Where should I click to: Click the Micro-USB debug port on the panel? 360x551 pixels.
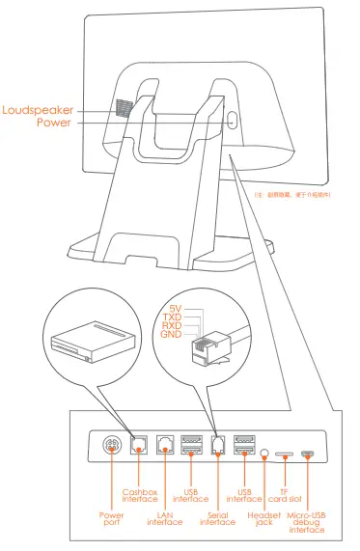click(x=307, y=452)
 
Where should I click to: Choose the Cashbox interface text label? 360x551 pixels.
click(x=140, y=495)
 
